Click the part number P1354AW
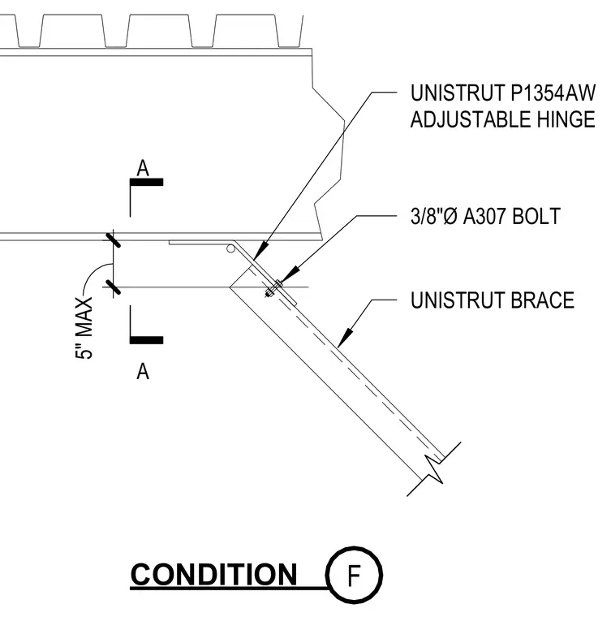click(x=553, y=93)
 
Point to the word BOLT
click(x=536, y=216)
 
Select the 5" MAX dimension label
click(x=84, y=328)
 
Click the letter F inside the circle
click(x=354, y=576)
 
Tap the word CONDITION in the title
click(x=213, y=575)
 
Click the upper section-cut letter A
click(x=143, y=168)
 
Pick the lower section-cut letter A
click(x=143, y=371)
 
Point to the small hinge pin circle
click(x=230, y=248)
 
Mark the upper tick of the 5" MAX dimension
click(x=113, y=239)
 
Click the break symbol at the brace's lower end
click(x=434, y=469)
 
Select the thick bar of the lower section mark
click(x=146, y=340)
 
